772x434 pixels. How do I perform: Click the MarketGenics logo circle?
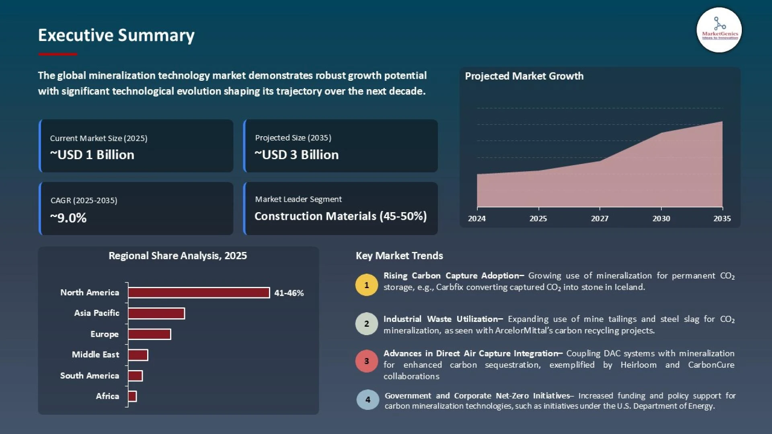click(x=719, y=30)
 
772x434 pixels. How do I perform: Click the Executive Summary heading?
click(x=116, y=35)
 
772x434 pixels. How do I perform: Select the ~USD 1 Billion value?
click(x=92, y=155)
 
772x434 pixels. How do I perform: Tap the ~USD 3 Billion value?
click(x=297, y=155)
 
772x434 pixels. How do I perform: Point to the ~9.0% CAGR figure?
click(x=68, y=218)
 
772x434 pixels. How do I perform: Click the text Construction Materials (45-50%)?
click(x=341, y=216)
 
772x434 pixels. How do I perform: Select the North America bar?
click(x=199, y=293)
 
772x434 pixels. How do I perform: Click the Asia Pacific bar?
click(x=156, y=313)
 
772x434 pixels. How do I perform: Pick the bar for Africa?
click(x=132, y=396)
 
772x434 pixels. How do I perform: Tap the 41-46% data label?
click(x=289, y=293)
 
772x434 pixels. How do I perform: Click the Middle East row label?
click(x=95, y=354)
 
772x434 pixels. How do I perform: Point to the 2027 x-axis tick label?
click(x=600, y=219)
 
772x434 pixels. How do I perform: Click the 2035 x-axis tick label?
click(x=722, y=219)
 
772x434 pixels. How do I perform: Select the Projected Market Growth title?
click(x=524, y=76)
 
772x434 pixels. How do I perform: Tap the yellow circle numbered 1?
click(x=366, y=285)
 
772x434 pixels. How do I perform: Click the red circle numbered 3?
click(x=366, y=361)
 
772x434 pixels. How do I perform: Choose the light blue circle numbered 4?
click(x=368, y=399)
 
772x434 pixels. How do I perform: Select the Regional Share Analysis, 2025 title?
click(x=177, y=256)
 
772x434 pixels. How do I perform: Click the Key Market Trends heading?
click(x=399, y=256)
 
